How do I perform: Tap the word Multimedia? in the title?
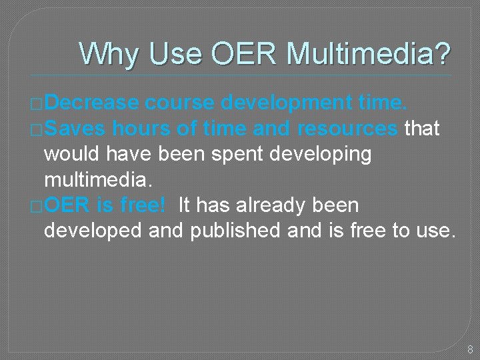369,53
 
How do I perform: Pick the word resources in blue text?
347,128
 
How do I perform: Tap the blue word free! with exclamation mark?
142,205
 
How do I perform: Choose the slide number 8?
469,349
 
